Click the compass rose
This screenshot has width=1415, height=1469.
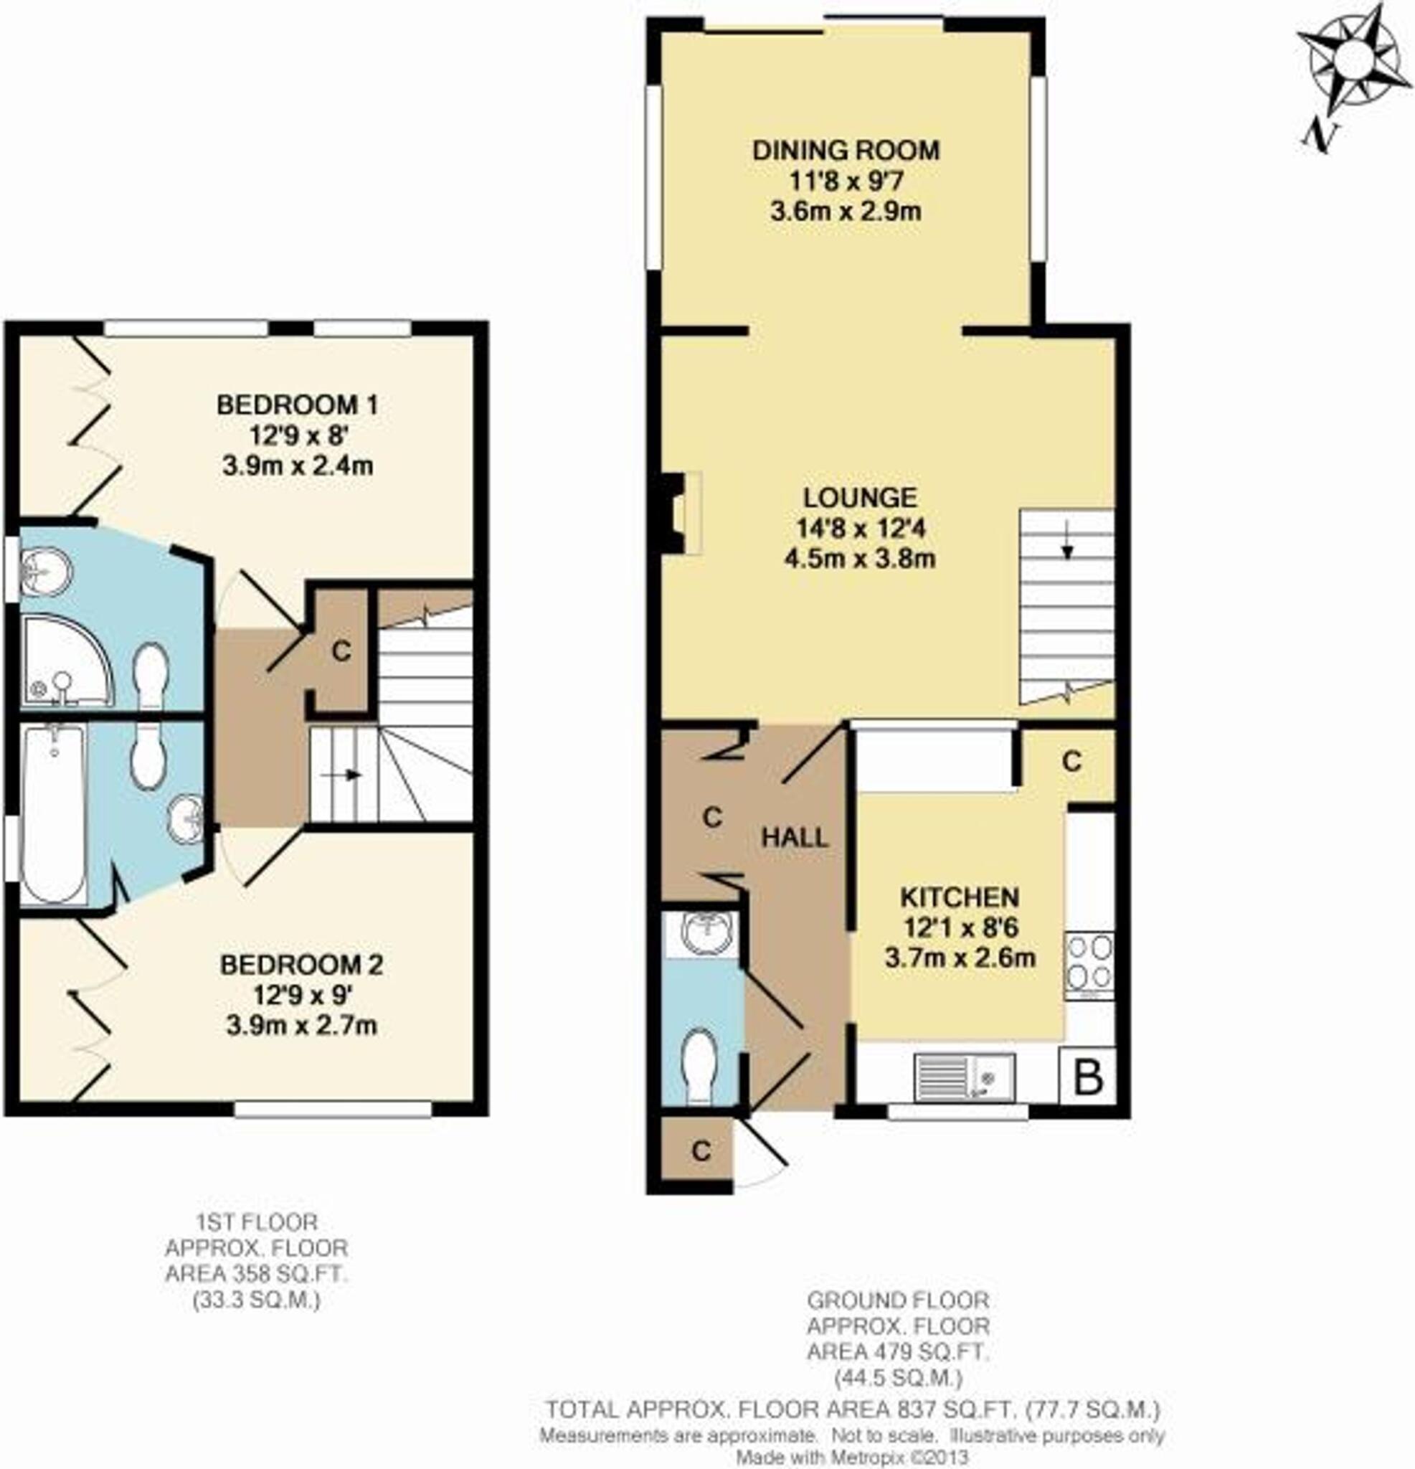tap(1353, 61)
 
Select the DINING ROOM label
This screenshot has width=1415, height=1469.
tap(846, 151)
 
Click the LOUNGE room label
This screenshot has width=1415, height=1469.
tap(860, 498)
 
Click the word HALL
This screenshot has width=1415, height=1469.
tap(795, 837)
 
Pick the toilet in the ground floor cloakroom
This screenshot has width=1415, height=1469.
tap(701, 1064)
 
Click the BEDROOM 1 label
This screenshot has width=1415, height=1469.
tap(298, 405)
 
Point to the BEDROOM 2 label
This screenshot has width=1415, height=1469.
tap(301, 965)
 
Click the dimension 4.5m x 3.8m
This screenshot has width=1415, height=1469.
tap(860, 558)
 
